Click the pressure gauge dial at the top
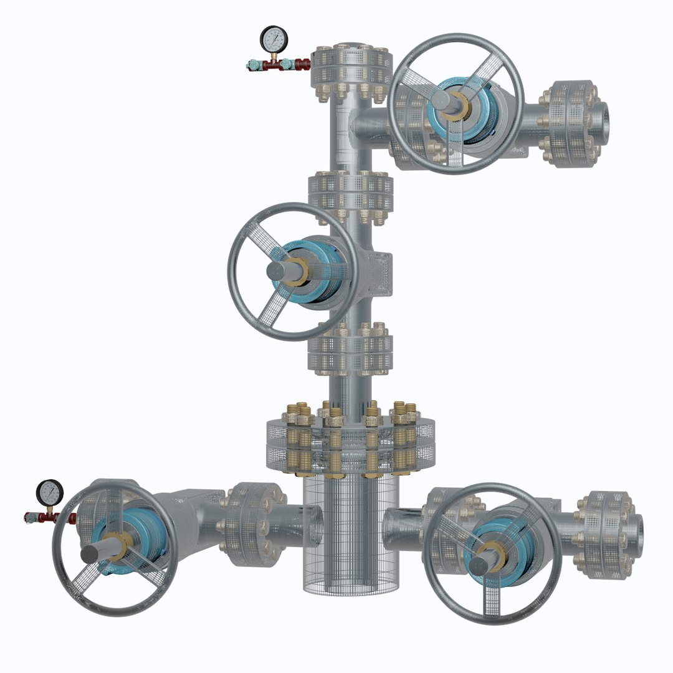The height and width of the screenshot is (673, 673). tap(272, 39)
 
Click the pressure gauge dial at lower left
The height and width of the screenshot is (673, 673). tap(50, 493)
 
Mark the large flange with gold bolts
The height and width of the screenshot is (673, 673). tap(350, 439)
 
